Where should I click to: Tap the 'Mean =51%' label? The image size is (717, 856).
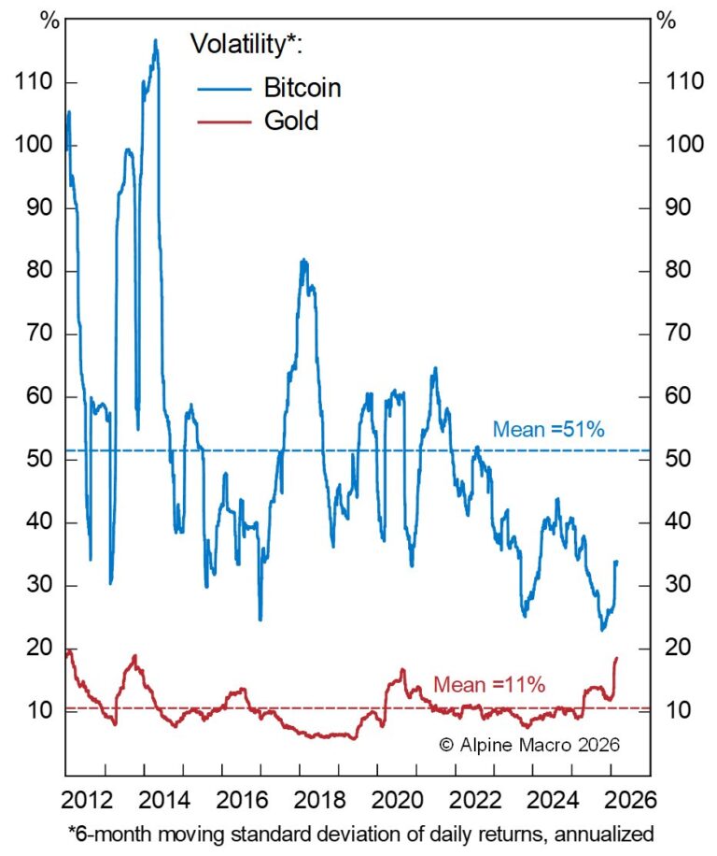tap(549, 430)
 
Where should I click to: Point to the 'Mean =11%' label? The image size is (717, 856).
tap(489, 684)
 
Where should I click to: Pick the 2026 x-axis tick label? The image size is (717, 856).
tap(633, 801)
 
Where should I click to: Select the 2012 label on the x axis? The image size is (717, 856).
tap(93, 801)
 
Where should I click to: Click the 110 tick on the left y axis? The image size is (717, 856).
tap(35, 83)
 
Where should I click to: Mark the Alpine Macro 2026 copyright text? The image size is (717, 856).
tap(528, 745)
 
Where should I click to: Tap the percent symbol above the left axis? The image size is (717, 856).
tap(48, 21)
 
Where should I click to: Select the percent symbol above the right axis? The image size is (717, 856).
tap(666, 21)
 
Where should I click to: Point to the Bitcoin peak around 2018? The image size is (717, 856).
tap(303, 260)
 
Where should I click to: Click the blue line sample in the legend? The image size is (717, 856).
tap(225, 90)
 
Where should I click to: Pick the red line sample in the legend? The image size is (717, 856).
tap(225, 121)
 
